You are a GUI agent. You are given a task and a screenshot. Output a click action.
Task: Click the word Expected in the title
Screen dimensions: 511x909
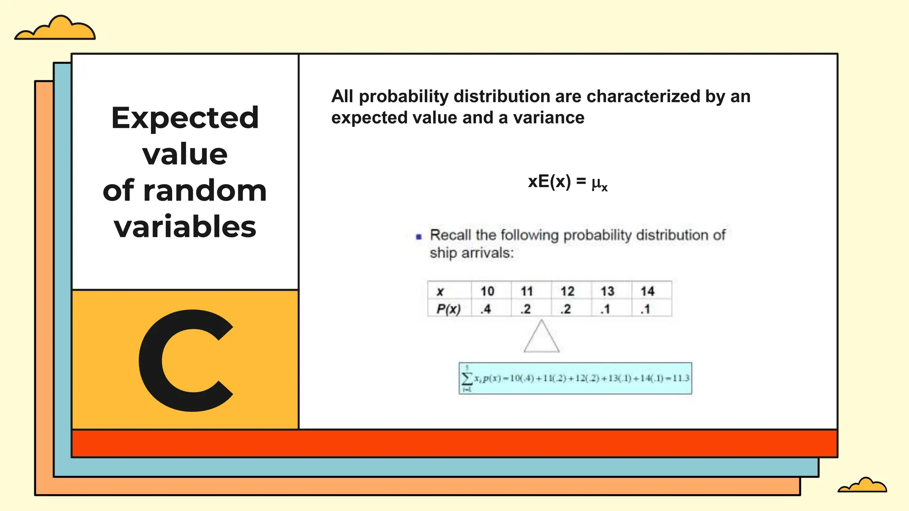(185, 118)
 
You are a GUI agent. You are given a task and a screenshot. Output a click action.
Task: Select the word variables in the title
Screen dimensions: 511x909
(185, 227)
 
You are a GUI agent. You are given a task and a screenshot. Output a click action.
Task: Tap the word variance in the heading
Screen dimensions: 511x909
(549, 118)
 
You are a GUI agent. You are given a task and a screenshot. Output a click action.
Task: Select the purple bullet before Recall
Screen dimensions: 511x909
(419, 237)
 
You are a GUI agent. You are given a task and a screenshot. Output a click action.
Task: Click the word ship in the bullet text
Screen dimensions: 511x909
(443, 253)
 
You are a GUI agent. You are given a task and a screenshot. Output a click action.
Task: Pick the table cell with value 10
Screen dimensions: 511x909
(487, 291)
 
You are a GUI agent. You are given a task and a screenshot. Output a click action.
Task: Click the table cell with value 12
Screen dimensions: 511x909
(567, 291)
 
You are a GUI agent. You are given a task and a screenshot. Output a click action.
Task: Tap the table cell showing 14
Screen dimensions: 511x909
(647, 291)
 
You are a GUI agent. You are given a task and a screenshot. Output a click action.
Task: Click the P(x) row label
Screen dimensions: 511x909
(448, 309)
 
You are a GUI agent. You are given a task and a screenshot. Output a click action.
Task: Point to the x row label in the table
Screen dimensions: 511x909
(440, 291)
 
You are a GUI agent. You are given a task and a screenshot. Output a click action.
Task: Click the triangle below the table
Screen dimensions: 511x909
(541, 338)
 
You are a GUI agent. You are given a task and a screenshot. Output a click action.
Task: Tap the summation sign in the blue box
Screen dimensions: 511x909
(467, 378)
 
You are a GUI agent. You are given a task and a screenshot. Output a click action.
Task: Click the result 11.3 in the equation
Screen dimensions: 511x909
(681, 378)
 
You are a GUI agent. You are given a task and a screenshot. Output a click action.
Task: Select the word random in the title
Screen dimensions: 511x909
(205, 190)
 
